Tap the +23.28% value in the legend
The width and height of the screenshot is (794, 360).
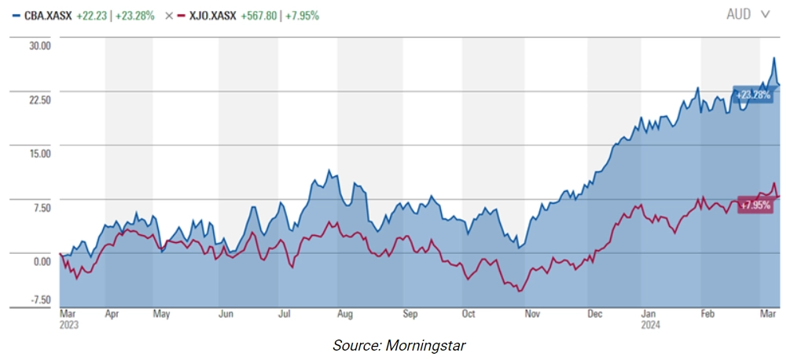tap(134, 15)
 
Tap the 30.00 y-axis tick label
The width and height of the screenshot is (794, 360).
tap(39, 46)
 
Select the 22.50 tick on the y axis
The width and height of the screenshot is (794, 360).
tap(39, 100)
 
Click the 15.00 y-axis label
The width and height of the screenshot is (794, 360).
tap(39, 153)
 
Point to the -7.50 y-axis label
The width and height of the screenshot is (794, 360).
tap(39, 299)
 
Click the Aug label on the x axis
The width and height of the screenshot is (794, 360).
tap(344, 314)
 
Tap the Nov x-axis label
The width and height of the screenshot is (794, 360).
tap(532, 314)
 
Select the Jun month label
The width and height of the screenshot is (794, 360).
tap(226, 314)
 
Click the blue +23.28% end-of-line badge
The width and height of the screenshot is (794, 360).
tap(753, 94)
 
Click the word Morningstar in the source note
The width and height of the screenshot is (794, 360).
tap(431, 345)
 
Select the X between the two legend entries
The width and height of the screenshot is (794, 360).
tap(168, 15)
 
